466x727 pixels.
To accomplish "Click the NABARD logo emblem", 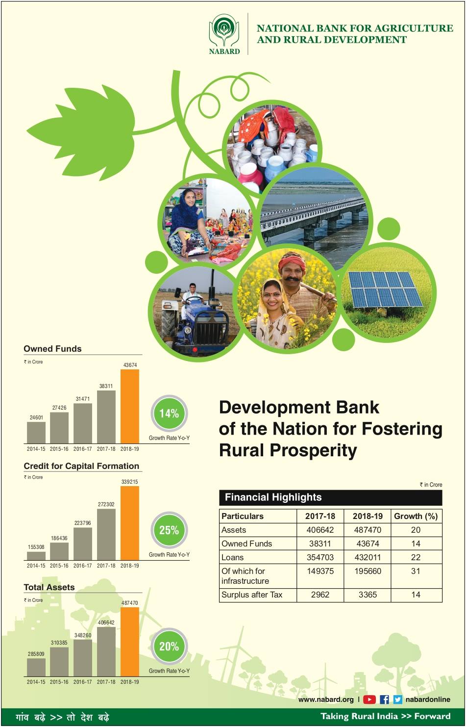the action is [x=224, y=30].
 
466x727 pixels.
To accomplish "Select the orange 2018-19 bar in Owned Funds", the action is [x=130, y=406].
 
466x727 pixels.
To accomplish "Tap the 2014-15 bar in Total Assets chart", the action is [x=36, y=667].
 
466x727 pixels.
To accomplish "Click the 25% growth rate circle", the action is [x=169, y=530].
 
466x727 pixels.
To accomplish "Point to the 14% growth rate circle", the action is [x=169, y=414].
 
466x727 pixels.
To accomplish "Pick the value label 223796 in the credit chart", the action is [x=83, y=523].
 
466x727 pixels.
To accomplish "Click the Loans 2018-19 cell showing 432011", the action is [x=368, y=557].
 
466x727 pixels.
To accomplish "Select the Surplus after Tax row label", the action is [x=252, y=595].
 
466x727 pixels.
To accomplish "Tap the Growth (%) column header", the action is [x=416, y=516].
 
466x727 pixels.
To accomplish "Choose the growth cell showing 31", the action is [x=416, y=571].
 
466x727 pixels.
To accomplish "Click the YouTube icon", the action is [x=369, y=700].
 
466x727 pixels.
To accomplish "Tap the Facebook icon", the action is [x=384, y=700].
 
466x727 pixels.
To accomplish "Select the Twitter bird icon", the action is [x=397, y=700].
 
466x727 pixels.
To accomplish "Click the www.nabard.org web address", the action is [x=325, y=700].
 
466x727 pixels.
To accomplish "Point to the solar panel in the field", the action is [x=385, y=289].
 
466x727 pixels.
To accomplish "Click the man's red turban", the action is [x=292, y=261].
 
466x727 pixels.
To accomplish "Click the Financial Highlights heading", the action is [x=273, y=497].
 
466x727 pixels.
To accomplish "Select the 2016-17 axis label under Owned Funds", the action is [x=83, y=449].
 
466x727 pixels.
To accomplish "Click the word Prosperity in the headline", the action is [x=313, y=451].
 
